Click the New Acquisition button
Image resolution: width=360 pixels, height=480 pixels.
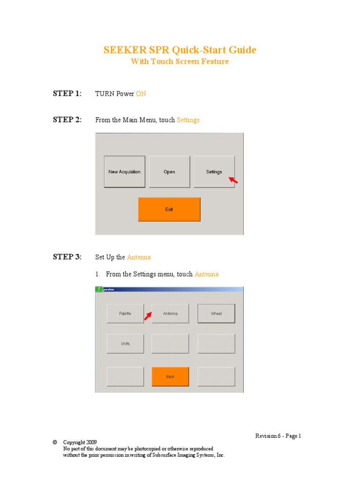click(124, 172)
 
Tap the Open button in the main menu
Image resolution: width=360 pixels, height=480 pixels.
click(169, 172)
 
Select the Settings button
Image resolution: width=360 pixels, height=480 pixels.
click(214, 172)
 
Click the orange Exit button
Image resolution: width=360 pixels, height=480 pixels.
click(169, 209)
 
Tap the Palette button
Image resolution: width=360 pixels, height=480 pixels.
click(125, 314)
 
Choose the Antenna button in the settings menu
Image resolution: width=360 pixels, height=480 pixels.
click(170, 314)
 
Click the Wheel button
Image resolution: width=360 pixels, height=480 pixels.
click(216, 314)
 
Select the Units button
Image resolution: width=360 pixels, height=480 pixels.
click(125, 344)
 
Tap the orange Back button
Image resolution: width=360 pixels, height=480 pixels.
click(170, 376)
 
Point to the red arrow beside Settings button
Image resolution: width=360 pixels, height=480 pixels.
click(233, 180)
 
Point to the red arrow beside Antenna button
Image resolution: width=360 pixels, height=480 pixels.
click(148, 317)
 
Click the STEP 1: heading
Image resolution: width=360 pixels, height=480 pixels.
click(67, 93)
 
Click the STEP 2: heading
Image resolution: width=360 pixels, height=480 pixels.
click(67, 120)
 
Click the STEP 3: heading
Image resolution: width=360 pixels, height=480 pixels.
click(67, 257)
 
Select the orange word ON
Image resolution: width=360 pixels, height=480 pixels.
click(141, 94)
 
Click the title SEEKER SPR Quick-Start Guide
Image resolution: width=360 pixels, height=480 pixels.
click(180, 50)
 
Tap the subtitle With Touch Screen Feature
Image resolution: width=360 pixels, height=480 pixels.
click(180, 62)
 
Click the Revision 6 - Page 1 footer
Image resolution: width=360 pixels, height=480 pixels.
click(278, 436)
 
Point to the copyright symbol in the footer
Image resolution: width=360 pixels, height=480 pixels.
click(55, 442)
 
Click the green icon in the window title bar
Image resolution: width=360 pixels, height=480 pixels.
click(99, 290)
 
